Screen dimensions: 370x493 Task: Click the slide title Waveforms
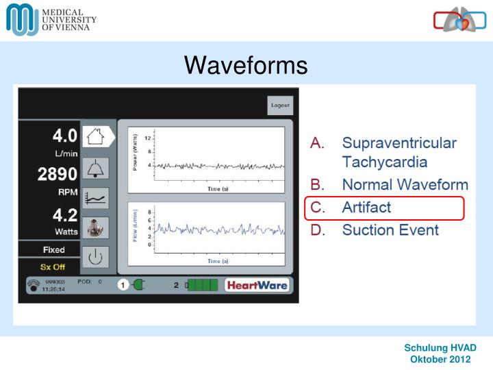pyautogui.click(x=246, y=65)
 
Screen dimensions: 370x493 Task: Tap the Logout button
pyautogui.click(x=280, y=106)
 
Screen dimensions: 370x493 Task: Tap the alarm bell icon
pyautogui.click(x=95, y=166)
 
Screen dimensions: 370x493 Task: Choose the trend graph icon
pyautogui.click(x=95, y=197)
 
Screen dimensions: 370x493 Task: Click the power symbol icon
pyautogui.click(x=95, y=257)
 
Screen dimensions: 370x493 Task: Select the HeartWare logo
pyautogui.click(x=257, y=285)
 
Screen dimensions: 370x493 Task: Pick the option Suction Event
pyautogui.click(x=390, y=230)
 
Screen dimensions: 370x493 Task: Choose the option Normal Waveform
pyautogui.click(x=405, y=184)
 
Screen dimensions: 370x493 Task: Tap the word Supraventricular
pyautogui.click(x=399, y=143)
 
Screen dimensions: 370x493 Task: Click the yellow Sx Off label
pyautogui.click(x=53, y=267)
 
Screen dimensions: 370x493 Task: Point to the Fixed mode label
pyautogui.click(x=53, y=249)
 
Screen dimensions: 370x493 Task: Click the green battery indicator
pyautogui.click(x=203, y=285)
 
